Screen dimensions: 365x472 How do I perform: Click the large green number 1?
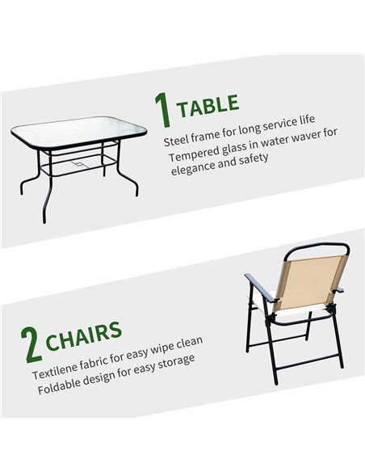click(x=162, y=110)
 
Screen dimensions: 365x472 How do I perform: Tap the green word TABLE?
click(x=208, y=106)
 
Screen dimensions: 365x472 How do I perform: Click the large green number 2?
click(x=31, y=344)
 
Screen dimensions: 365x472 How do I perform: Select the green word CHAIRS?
click(x=84, y=335)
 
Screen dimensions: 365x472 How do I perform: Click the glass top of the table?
click(x=79, y=132)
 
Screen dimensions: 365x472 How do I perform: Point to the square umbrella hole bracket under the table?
click(x=78, y=164)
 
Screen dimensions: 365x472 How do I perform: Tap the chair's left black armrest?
click(x=260, y=288)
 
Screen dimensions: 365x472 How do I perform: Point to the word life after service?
click(x=306, y=120)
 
